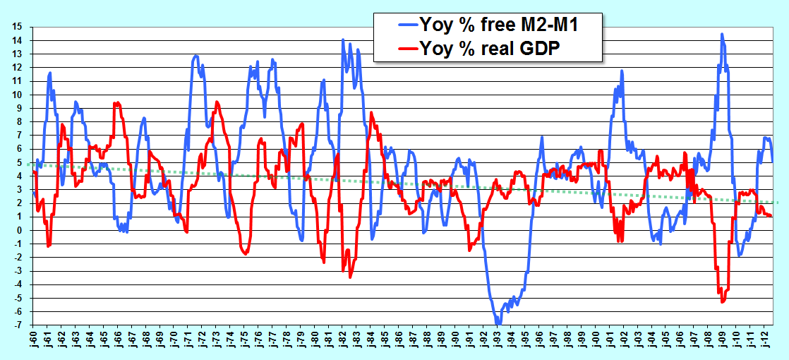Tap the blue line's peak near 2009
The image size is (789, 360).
722,35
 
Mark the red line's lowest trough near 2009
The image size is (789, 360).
722,301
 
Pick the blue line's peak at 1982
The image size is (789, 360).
343,40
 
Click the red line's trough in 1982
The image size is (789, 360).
350,277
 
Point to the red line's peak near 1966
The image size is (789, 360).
116,103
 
